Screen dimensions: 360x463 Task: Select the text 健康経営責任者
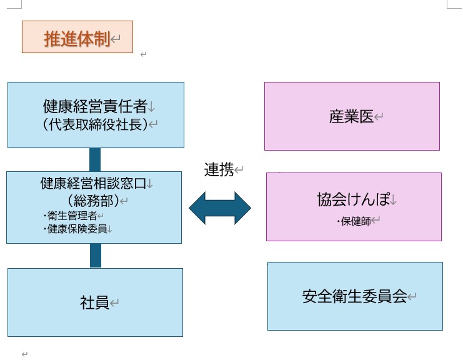coord(94,105)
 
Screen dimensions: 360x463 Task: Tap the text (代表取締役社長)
coord(95,124)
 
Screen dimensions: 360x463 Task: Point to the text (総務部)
coord(92,201)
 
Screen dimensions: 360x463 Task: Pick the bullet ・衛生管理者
coord(70,216)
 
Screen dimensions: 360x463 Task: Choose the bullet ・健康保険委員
coord(74,229)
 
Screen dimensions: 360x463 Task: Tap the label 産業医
coord(351,116)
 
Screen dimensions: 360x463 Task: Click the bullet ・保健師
coord(353,221)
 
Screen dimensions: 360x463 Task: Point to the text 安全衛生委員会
coord(354,296)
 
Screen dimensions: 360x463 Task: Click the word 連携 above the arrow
coord(219,169)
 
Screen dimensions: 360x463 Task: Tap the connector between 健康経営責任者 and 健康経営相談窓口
coord(95,159)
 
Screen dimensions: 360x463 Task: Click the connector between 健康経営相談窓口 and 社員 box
coord(95,256)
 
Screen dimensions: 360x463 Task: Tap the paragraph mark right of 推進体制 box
coord(143,54)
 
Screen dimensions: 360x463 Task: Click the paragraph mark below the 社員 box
coord(24,354)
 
